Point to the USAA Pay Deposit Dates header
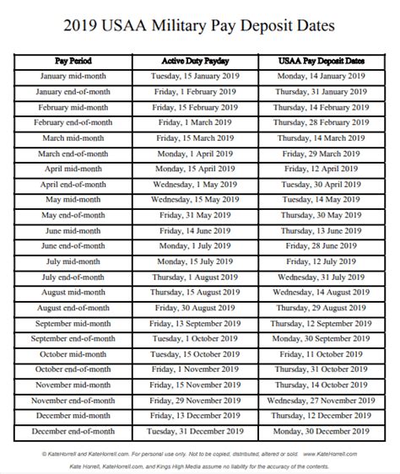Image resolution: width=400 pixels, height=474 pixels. click(322, 62)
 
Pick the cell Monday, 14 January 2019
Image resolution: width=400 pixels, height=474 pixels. click(322, 77)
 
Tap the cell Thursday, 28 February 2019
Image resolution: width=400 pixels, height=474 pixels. click(322, 123)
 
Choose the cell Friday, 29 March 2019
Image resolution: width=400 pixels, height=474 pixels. click(322, 154)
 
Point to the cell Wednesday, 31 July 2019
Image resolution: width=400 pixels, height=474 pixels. click(322, 277)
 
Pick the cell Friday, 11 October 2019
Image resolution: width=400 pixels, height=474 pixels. click(322, 353)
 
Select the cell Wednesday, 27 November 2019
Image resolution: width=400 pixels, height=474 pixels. click(322, 400)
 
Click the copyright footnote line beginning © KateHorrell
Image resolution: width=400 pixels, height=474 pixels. click(200, 452)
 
